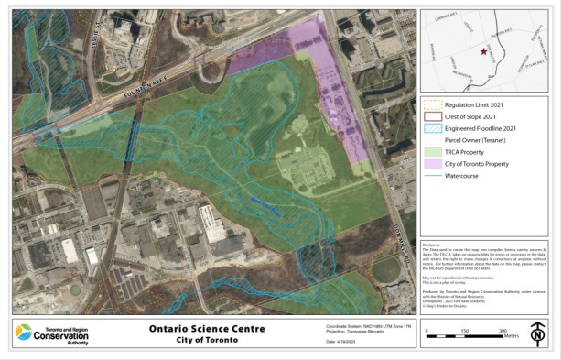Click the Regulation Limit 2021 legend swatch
pyautogui.click(x=430, y=106)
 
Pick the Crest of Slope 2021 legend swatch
pyautogui.click(x=430, y=117)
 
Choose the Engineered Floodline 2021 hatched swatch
pyautogui.click(x=430, y=128)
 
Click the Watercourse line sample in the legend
pyautogui.click(x=430, y=173)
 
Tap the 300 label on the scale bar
pyautogui.click(x=503, y=330)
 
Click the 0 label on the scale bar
pyautogui.click(x=427, y=330)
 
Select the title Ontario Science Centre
pyautogui.click(x=207, y=328)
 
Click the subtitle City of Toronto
pyautogui.click(x=207, y=340)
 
